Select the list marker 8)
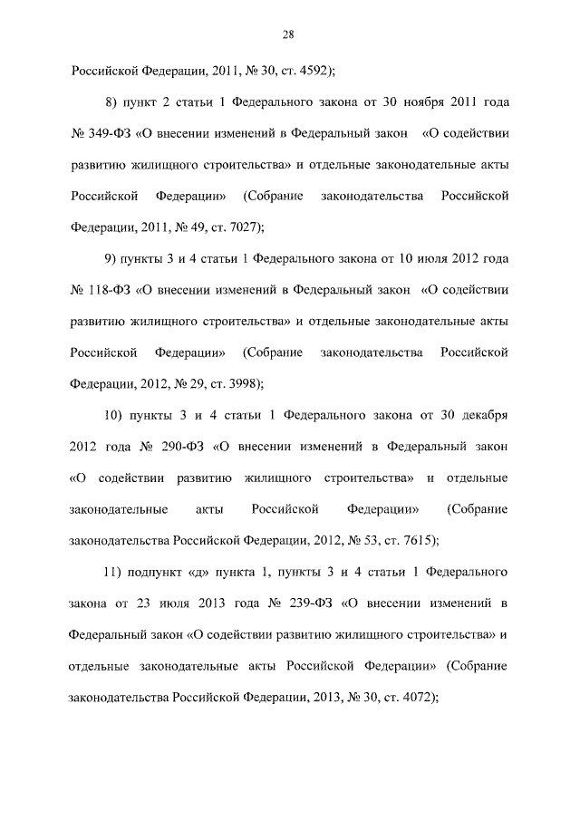coord(112,101)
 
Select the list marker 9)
coord(112,258)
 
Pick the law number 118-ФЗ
coord(108,291)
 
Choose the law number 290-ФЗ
coord(180,447)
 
